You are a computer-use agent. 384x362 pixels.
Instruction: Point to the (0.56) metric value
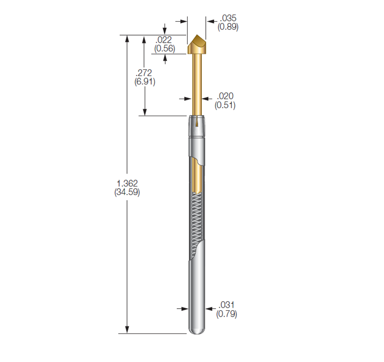pyautogui.click(x=164, y=48)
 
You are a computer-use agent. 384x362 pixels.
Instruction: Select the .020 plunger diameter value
pyautogui.click(x=225, y=97)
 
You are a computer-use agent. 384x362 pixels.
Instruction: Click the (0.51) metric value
pyautogui.click(x=225, y=105)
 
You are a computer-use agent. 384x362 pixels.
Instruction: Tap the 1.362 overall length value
pyautogui.click(x=126, y=184)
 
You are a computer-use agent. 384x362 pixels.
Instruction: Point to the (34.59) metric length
pyautogui.click(x=126, y=192)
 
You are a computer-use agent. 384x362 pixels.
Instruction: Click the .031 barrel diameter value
pyautogui.click(x=226, y=305)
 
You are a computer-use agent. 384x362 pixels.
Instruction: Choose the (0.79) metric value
pyautogui.click(x=226, y=313)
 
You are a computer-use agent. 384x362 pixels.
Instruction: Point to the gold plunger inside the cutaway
pyautogui.click(x=198, y=176)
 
